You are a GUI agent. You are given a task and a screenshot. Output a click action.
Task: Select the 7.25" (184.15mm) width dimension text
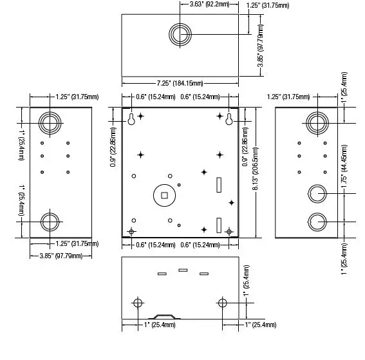180,83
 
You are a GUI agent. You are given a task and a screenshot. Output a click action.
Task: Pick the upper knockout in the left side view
50,121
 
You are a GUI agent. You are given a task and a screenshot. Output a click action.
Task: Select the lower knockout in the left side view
50,221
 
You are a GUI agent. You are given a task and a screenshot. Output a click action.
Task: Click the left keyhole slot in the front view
131,119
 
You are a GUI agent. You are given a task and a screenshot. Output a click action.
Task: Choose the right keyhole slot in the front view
229,119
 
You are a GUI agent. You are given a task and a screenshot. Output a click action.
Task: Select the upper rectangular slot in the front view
218,185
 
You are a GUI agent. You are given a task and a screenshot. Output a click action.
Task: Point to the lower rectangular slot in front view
218,225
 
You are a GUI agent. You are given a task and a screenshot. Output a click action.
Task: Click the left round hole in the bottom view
137,303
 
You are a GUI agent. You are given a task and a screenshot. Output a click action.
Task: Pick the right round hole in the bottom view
222,303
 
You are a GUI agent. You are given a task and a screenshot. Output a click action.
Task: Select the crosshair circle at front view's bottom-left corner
131,231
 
